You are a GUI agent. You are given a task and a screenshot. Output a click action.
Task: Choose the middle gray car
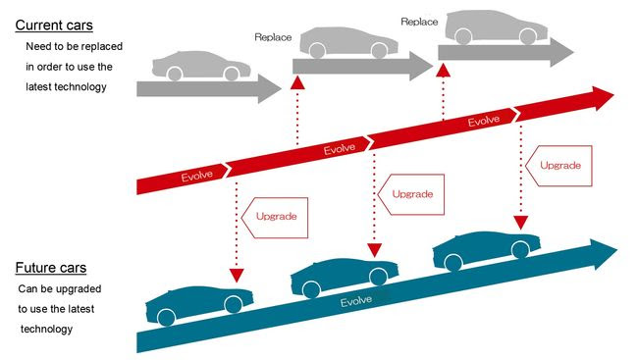coord(344,42)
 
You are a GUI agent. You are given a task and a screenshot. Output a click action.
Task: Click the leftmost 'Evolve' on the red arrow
coord(200,177)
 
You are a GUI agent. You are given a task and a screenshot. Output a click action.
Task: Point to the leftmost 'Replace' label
coord(273,36)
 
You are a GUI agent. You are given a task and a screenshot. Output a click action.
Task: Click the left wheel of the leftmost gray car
coord(174,74)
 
